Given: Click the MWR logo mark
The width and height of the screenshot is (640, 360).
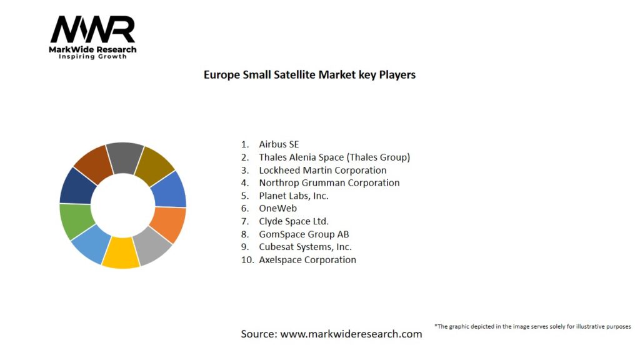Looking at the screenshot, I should coord(92,29).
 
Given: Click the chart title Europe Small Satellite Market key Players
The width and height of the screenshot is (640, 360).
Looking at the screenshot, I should coord(309,74).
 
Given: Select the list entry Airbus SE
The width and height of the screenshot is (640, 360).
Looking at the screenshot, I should coord(279,144).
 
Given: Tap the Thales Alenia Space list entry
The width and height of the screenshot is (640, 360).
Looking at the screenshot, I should coord(334,157).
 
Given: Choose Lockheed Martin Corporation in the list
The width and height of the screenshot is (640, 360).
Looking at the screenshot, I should coord(322,170).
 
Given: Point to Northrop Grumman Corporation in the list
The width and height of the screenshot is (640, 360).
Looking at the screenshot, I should coord(329,182).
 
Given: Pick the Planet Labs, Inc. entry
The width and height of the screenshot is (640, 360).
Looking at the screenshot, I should coord(293,196).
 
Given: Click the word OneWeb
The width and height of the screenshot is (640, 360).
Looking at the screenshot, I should coord(277,208).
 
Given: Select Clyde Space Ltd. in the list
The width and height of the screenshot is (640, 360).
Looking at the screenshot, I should coord(294,221).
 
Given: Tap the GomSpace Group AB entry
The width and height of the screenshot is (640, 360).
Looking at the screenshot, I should coord(304,234).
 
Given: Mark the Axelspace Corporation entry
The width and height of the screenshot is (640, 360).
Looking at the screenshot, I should coord(307,259).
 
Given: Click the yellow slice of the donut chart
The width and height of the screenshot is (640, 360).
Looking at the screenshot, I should coord(121,254).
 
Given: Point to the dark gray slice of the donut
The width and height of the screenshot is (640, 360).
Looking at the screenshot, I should coord(124,156).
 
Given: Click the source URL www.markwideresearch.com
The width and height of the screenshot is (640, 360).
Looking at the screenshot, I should coord(351,334).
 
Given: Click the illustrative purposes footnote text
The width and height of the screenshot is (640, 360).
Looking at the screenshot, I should coord(532,326).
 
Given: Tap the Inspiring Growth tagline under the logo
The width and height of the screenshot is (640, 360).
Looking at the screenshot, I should coord(92,57).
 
